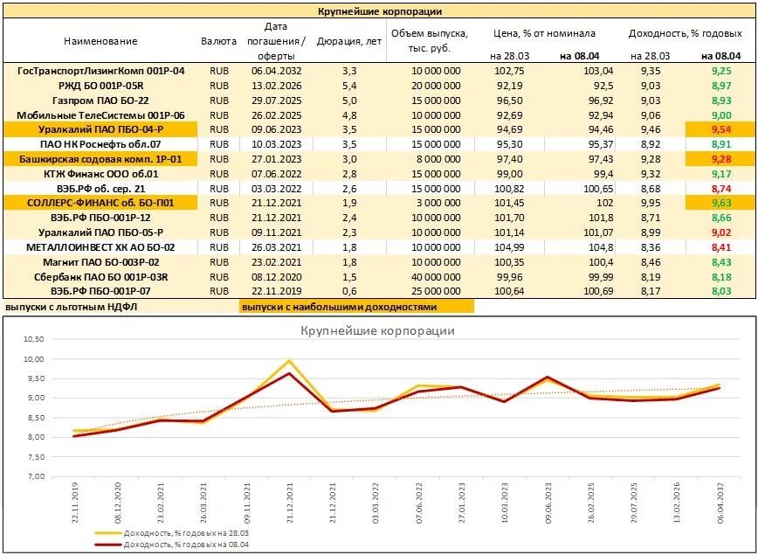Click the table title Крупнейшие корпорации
coord(378,11)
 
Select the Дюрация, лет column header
coord(348,41)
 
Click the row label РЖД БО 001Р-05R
coord(100,86)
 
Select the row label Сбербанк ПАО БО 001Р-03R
coord(100,276)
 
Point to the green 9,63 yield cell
coord(720,203)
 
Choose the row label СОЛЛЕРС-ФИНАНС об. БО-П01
coord(100,203)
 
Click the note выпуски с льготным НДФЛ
coord(72,307)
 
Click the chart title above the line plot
coord(378,331)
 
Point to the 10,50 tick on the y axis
coord(32,339)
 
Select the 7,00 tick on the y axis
coord(32,477)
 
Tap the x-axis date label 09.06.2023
coord(547,505)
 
